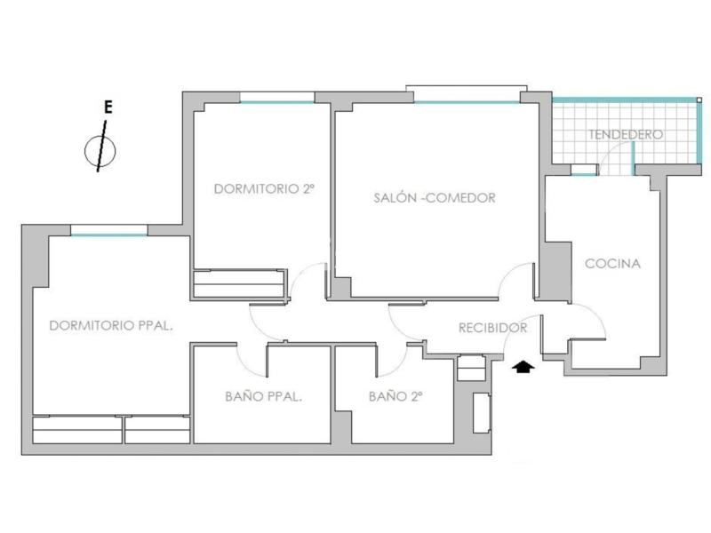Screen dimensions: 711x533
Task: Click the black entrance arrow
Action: tap(523, 367)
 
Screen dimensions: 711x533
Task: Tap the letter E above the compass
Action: tap(108, 107)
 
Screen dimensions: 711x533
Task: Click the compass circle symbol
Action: tap(100, 151)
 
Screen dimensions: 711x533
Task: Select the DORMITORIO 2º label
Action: tap(264, 188)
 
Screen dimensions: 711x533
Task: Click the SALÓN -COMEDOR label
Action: tap(435, 197)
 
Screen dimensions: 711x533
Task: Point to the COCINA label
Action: tap(612, 263)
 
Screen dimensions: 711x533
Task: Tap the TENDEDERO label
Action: tap(626, 134)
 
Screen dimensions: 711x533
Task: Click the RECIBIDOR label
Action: tap(493, 328)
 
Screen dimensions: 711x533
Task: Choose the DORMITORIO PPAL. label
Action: tap(111, 325)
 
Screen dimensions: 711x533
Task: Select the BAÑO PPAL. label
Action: tap(263, 396)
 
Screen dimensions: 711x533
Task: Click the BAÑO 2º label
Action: tap(395, 396)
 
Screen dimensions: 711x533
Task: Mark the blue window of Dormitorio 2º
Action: tap(277, 102)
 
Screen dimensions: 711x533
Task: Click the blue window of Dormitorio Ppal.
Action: tap(109, 235)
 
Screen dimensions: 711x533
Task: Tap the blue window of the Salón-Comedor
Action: tap(467, 102)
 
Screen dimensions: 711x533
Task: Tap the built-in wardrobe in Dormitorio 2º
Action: tap(239, 284)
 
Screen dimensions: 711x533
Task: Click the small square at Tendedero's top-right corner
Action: tap(699, 99)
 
